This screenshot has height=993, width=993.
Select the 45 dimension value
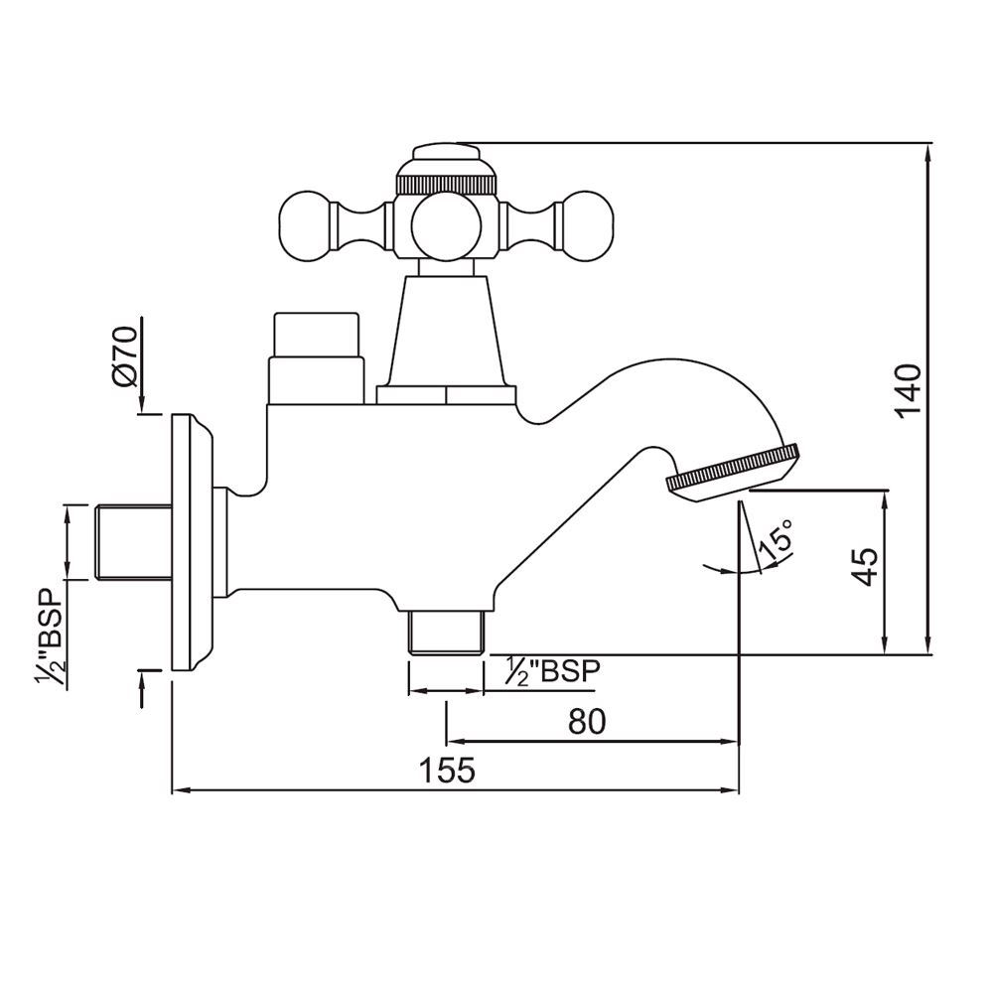866,567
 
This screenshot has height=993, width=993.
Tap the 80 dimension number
586,722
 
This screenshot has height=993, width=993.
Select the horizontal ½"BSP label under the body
552,672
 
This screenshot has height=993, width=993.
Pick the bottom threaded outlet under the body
446,633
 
